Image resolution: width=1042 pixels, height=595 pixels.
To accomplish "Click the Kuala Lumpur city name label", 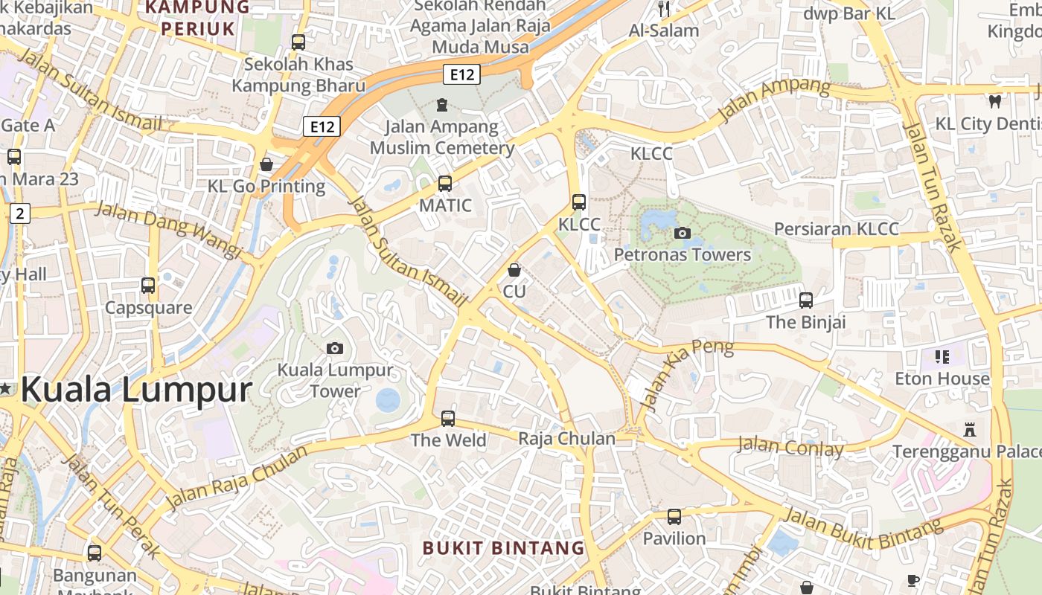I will (136, 390).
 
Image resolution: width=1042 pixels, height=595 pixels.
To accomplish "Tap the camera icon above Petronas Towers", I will (682, 233).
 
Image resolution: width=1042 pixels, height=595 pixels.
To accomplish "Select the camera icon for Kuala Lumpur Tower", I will (335, 348).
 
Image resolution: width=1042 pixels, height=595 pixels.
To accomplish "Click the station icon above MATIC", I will (445, 183).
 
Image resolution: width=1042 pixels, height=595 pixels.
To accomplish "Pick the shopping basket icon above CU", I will (514, 269).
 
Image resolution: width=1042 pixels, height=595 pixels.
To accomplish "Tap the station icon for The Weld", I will (448, 418).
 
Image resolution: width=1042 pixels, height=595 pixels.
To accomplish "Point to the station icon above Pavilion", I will (674, 516).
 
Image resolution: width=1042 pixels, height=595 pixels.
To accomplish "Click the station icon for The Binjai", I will (806, 300).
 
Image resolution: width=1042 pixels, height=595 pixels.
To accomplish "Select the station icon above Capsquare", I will (148, 285).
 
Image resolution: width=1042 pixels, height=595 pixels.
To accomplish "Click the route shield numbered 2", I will (19, 213).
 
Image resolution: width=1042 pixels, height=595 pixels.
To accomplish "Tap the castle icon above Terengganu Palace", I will (969, 430).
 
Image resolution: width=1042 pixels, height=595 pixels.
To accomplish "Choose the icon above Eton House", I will (942, 357).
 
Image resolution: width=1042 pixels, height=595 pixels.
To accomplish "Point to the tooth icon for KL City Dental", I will (994, 101).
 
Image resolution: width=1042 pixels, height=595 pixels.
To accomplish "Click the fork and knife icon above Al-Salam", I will (664, 9).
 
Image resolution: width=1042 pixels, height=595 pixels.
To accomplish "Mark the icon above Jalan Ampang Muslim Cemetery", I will (442, 104).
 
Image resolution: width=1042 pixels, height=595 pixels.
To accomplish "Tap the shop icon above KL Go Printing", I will (266, 164).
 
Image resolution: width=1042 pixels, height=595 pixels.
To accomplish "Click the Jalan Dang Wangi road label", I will (169, 230).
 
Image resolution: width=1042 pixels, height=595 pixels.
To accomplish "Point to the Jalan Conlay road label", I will (790, 447).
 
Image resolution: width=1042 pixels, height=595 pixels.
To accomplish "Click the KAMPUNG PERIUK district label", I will (197, 18).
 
